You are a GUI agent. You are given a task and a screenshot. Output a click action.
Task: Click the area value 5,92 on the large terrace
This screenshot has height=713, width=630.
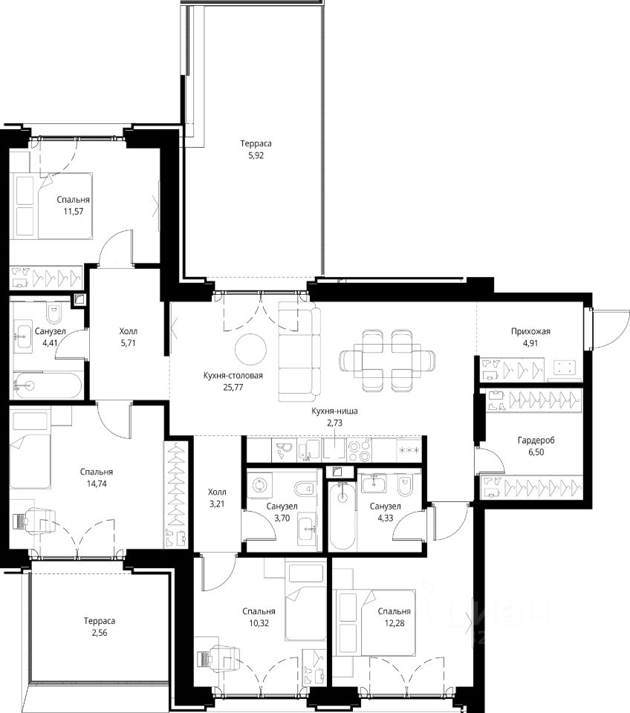256,155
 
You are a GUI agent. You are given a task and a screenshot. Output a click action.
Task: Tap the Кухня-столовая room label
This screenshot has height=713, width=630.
233,376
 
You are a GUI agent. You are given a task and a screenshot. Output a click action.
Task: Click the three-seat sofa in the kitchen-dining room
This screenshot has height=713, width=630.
299,351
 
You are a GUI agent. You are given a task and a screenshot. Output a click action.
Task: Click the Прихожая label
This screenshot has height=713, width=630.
530,331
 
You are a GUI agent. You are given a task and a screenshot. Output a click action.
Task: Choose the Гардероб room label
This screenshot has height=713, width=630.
536,440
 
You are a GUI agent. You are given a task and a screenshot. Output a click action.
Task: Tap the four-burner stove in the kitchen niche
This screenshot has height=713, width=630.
360,450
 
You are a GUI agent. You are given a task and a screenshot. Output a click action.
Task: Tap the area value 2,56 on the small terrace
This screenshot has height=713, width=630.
99,633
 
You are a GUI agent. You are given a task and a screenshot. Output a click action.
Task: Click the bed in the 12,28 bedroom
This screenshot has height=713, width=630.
375,623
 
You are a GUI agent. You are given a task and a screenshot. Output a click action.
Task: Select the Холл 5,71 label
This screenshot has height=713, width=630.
129,337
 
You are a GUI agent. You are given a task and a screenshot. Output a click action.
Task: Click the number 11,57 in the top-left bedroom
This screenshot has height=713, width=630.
74,211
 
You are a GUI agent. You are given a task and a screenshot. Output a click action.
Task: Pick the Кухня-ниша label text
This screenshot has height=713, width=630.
334,411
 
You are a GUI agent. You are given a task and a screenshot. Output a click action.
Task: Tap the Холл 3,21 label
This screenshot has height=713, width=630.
217,498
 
